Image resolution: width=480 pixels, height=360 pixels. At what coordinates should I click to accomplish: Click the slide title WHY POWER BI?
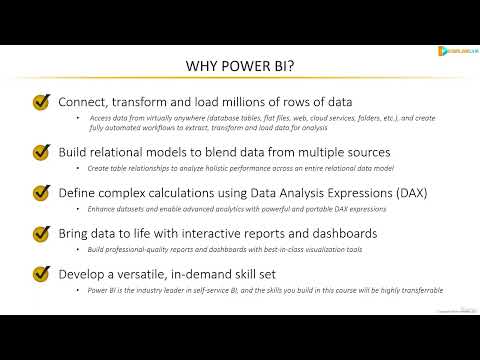[240, 66]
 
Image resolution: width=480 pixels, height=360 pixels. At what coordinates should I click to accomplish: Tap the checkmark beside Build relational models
[42, 153]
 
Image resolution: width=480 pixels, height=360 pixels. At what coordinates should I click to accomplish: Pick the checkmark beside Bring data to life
[42, 233]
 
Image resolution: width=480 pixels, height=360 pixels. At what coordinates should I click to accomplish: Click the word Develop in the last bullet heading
[87, 273]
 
